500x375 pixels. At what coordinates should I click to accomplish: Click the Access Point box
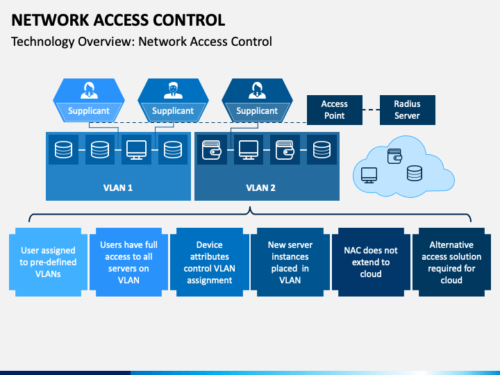tap(335, 110)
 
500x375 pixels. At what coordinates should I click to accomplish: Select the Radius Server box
tap(407, 110)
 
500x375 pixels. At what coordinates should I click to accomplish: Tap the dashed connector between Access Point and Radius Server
tap(371, 110)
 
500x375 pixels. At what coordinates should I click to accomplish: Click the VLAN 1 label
tap(118, 187)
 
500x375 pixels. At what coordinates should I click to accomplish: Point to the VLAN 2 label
tap(260, 187)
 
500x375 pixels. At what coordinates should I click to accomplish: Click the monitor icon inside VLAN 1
tap(137, 150)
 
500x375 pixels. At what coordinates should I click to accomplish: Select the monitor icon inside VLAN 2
tap(249, 150)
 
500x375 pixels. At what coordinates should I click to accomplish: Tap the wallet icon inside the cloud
tap(394, 156)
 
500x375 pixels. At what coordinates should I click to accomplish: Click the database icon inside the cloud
tap(415, 173)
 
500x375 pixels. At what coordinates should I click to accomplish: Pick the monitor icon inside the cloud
tap(369, 176)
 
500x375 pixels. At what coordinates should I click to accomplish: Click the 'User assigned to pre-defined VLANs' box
tap(48, 262)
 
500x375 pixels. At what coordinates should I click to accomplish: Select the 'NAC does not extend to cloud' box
tap(371, 262)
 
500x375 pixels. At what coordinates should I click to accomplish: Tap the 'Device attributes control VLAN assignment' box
tap(210, 262)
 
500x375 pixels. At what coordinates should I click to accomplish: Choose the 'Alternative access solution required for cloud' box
tap(451, 262)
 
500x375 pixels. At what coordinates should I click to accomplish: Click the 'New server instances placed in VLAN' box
tap(290, 262)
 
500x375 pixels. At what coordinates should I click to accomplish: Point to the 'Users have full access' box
tap(129, 262)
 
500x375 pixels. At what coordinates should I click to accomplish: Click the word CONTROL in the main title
tap(189, 20)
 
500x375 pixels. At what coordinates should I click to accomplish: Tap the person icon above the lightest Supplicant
tap(89, 90)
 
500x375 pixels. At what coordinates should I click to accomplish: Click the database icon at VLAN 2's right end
tap(322, 150)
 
